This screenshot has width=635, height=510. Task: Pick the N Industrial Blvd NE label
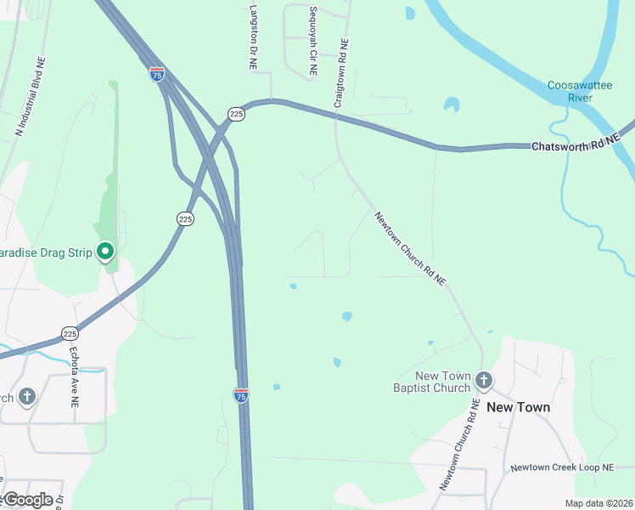29,98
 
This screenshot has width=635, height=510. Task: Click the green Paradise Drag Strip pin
105,252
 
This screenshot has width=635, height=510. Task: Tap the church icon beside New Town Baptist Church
484,380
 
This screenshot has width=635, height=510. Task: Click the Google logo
27,499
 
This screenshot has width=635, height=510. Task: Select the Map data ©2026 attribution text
599,503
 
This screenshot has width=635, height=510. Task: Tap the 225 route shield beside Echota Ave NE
70,332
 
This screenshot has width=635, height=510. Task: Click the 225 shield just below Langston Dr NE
236,114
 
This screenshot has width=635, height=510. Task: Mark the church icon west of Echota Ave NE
26,396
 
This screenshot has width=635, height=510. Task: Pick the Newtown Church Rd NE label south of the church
460,445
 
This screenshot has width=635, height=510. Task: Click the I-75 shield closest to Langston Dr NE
156,74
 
